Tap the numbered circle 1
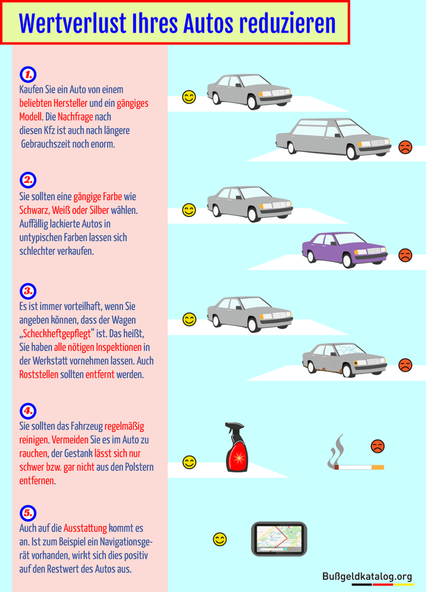pyautogui.click(x=27, y=74)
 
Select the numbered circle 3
pyautogui.click(x=27, y=290)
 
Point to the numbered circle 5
pyautogui.click(x=27, y=513)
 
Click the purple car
pyautogui.click(x=344, y=249)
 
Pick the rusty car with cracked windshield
pyautogui.click(x=344, y=359)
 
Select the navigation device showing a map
pyautogui.click(x=279, y=539)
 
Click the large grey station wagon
pyautogui.click(x=334, y=139)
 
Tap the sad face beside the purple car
pyautogui.click(x=405, y=255)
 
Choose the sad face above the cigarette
pyautogui.click(x=377, y=446)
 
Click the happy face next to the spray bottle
pyautogui.click(x=189, y=462)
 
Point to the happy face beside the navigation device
pyautogui.click(x=220, y=539)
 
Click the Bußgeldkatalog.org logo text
pyautogui.click(x=368, y=576)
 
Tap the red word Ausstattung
pyautogui.click(x=85, y=528)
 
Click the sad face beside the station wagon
pyautogui.click(x=405, y=147)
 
